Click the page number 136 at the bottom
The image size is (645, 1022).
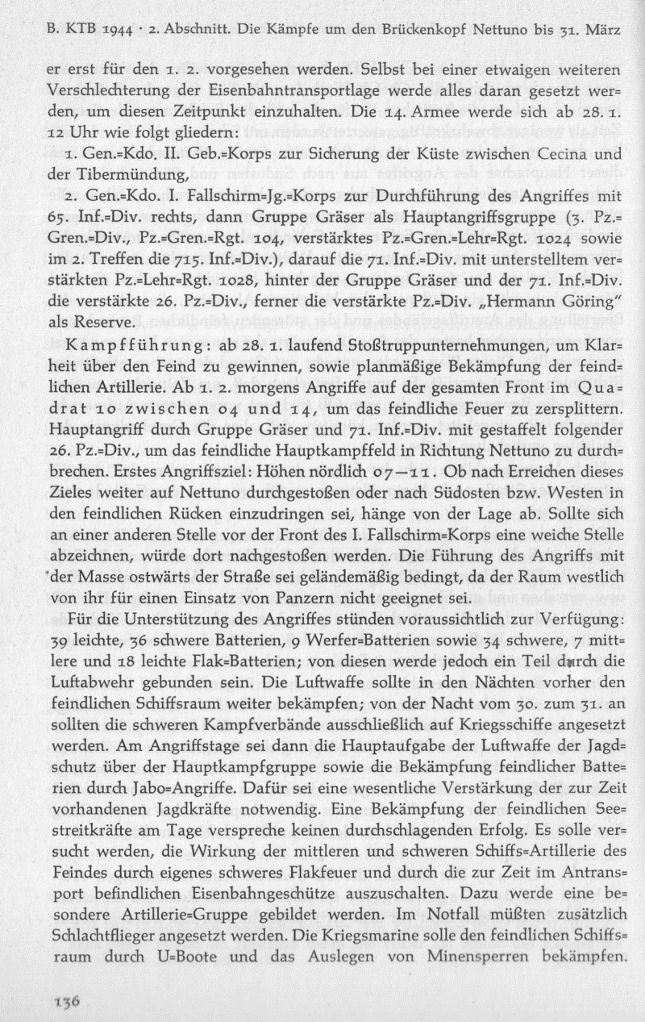64,999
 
